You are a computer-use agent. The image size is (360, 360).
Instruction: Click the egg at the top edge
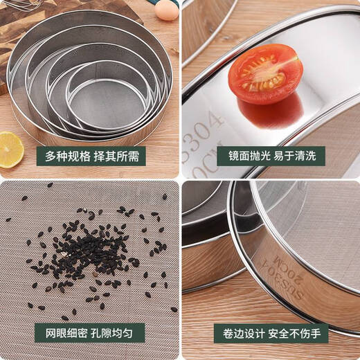[x=166, y=9]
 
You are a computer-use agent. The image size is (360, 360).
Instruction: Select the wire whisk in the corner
[x=21, y=4]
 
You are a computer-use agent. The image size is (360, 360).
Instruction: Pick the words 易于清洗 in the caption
[x=301, y=156]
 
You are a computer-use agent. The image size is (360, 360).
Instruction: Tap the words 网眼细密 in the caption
[x=66, y=332]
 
